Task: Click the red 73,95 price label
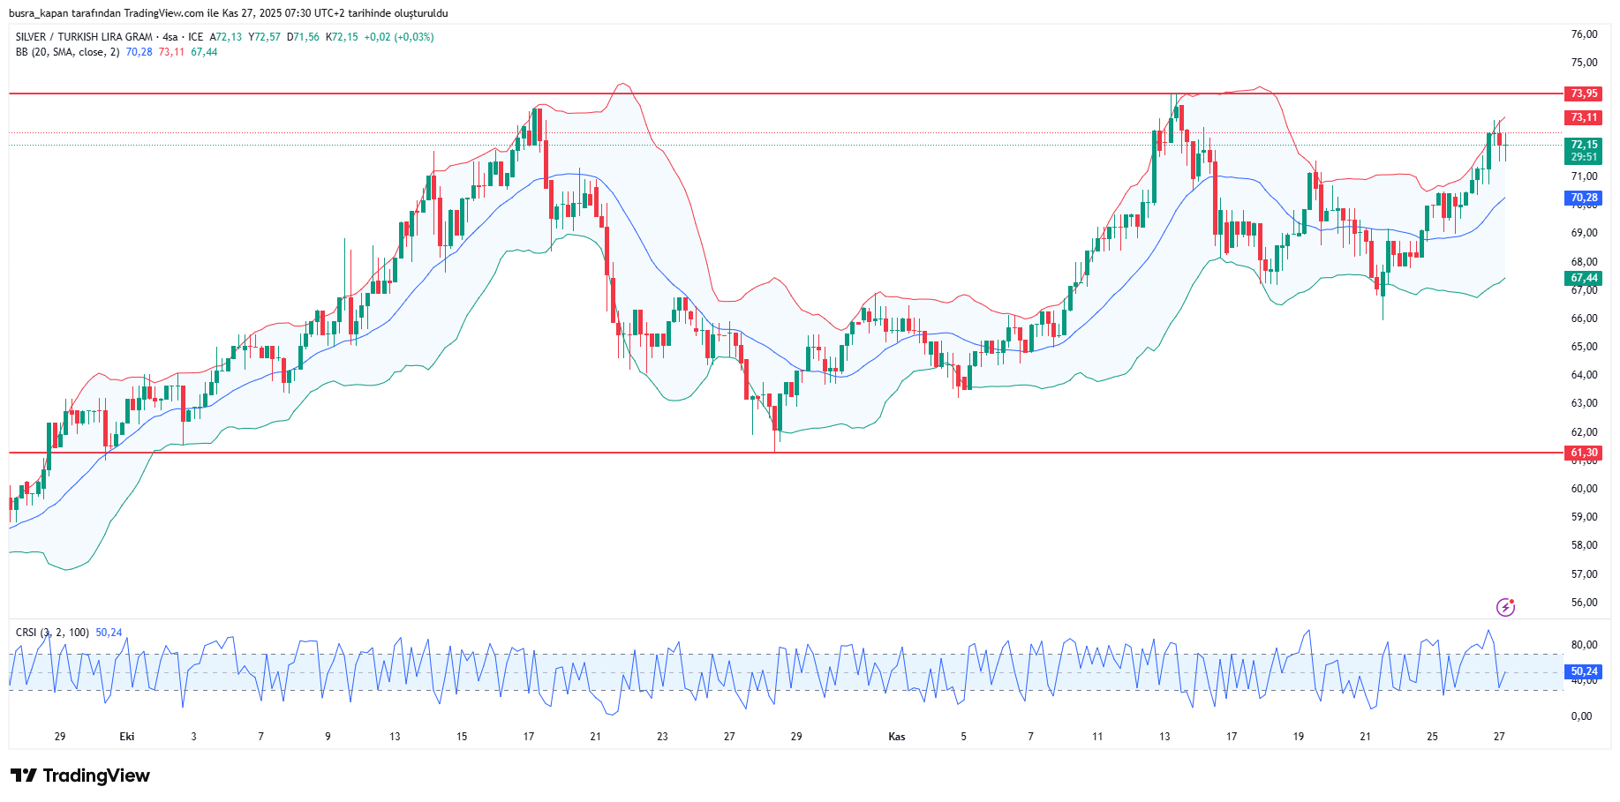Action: point(1584,94)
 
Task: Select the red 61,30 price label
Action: point(1584,453)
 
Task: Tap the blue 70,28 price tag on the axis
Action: point(1584,199)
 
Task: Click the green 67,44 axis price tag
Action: point(1584,278)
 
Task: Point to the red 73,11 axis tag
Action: point(1584,117)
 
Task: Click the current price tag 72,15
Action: point(1584,145)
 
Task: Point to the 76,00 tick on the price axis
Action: point(1584,34)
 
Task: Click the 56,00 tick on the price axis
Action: point(1584,603)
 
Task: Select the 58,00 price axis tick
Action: point(1584,545)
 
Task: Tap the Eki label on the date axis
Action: point(127,737)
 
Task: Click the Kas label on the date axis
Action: point(897,737)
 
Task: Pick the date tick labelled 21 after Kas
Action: point(1365,737)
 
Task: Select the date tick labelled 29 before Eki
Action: point(60,737)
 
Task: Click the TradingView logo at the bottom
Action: point(80,776)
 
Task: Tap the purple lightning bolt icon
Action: point(1505,607)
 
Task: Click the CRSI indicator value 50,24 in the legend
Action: point(109,633)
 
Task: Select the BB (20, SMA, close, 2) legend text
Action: point(67,52)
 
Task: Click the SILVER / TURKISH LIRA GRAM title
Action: point(84,37)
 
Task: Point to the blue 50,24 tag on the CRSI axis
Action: point(1584,671)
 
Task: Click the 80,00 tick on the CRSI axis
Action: point(1584,645)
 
